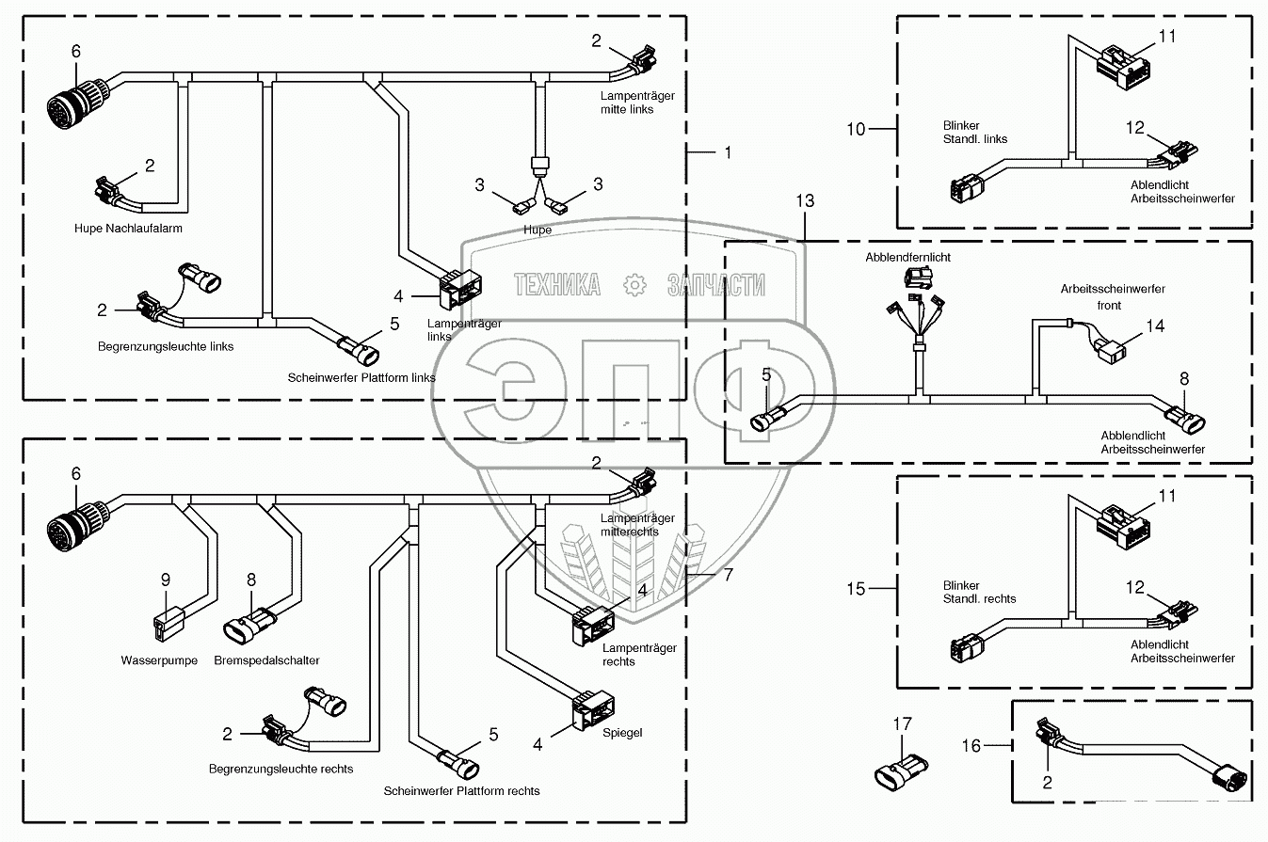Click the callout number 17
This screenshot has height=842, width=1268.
point(903,724)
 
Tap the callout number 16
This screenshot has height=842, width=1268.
point(971,746)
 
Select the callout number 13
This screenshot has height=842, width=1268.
point(805,201)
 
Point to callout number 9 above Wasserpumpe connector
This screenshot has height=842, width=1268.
point(166,580)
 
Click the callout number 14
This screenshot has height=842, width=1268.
point(1155,326)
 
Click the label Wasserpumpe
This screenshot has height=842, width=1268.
point(159,660)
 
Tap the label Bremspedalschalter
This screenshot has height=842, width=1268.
point(266,660)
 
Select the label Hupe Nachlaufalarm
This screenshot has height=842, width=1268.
point(128,228)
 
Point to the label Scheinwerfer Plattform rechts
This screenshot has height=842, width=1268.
point(461,791)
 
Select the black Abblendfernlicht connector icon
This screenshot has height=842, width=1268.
point(917,277)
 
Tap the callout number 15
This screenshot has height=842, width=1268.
point(855,589)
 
